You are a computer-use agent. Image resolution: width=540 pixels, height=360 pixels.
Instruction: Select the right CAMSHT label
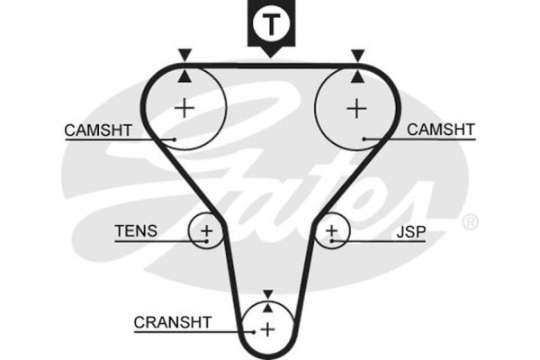click(x=440, y=130)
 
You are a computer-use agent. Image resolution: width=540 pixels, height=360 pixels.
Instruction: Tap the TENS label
click(x=135, y=231)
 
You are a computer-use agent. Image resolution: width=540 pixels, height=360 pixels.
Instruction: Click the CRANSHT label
click(x=172, y=321)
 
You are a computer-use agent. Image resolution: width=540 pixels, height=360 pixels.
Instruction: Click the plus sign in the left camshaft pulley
click(x=184, y=109)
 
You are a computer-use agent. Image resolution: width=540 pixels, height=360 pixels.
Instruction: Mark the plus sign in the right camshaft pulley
click(x=357, y=109)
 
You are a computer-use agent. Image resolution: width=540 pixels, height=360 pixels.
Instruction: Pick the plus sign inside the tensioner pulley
click(x=206, y=232)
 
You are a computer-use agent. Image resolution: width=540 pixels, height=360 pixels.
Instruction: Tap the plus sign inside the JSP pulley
click(x=332, y=232)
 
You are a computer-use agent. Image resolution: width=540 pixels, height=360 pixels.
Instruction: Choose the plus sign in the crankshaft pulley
click(x=268, y=329)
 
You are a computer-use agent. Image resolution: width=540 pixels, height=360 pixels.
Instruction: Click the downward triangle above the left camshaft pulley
click(x=184, y=55)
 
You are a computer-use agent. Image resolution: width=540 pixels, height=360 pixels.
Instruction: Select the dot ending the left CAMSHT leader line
click(x=173, y=139)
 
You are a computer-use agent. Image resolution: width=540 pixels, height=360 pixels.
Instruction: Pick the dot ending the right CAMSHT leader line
click(x=364, y=139)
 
